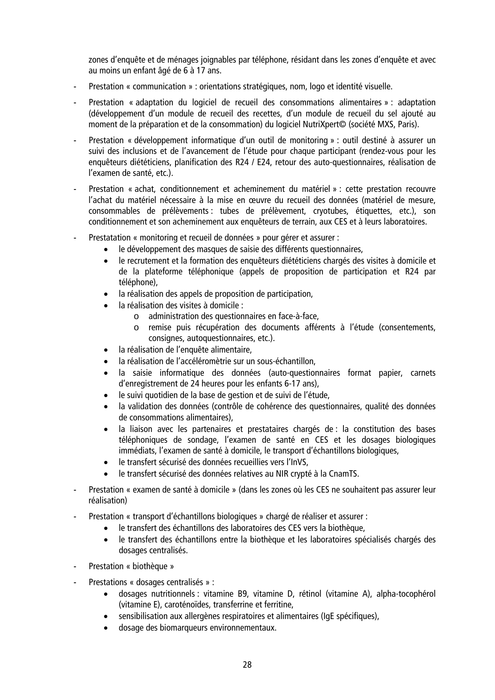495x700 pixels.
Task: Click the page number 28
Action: pyautogui.click(x=247, y=665)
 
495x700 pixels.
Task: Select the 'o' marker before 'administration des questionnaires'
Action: pyautogui.click(x=137, y=317)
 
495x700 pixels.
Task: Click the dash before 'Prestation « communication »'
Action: pyautogui.click(x=75, y=87)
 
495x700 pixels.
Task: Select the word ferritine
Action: pyautogui.click(x=279, y=605)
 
